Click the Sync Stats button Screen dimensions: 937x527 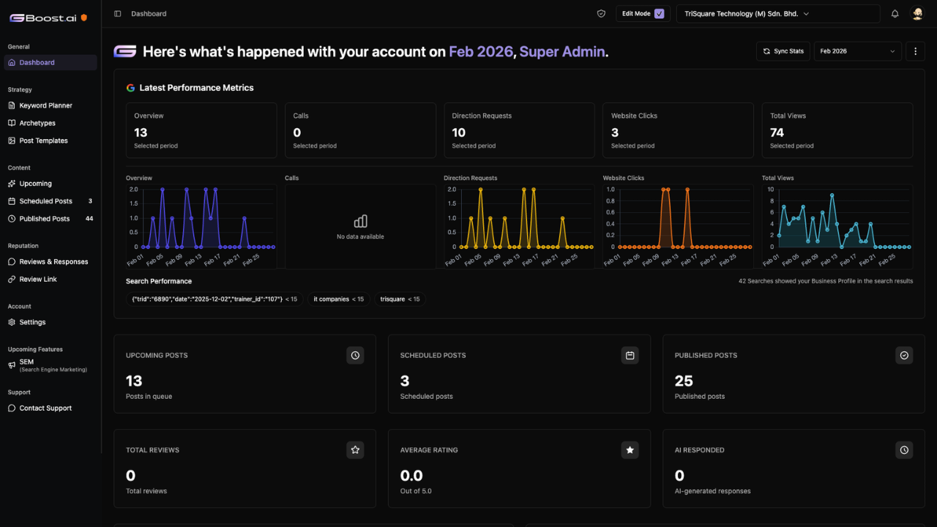click(783, 51)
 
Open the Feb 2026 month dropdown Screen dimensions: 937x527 click(857, 51)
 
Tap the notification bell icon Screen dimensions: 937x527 click(895, 14)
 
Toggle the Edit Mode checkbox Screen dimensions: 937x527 click(660, 14)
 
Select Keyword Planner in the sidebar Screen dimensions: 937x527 click(45, 105)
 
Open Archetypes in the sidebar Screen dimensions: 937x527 click(37, 123)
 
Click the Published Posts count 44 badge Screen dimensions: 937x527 click(89, 219)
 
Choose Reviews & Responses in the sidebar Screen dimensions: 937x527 click(53, 262)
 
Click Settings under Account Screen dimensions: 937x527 click(32, 322)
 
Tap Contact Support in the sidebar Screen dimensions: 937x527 click(45, 408)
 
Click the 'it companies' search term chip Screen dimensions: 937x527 click(338, 299)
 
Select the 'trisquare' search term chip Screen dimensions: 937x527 click(400, 299)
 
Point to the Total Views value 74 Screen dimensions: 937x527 click(777, 132)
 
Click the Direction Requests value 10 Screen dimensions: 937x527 click(458, 132)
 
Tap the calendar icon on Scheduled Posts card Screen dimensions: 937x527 click(630, 356)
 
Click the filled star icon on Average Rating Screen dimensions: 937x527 click(630, 450)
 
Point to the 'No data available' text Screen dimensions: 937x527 click(360, 236)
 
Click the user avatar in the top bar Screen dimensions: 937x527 click(917, 14)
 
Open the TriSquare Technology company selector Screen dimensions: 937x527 click(778, 14)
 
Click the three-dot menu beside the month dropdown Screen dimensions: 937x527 click(915, 51)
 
